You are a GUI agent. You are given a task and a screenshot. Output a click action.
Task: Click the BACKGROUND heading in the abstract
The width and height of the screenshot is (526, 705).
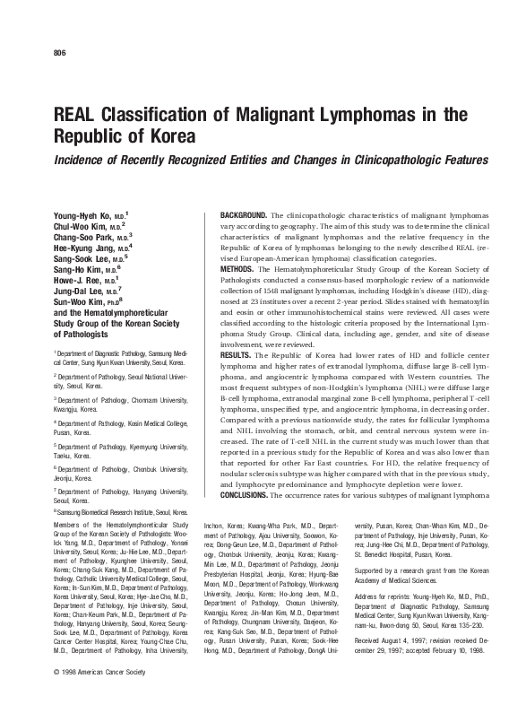click(243, 217)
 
